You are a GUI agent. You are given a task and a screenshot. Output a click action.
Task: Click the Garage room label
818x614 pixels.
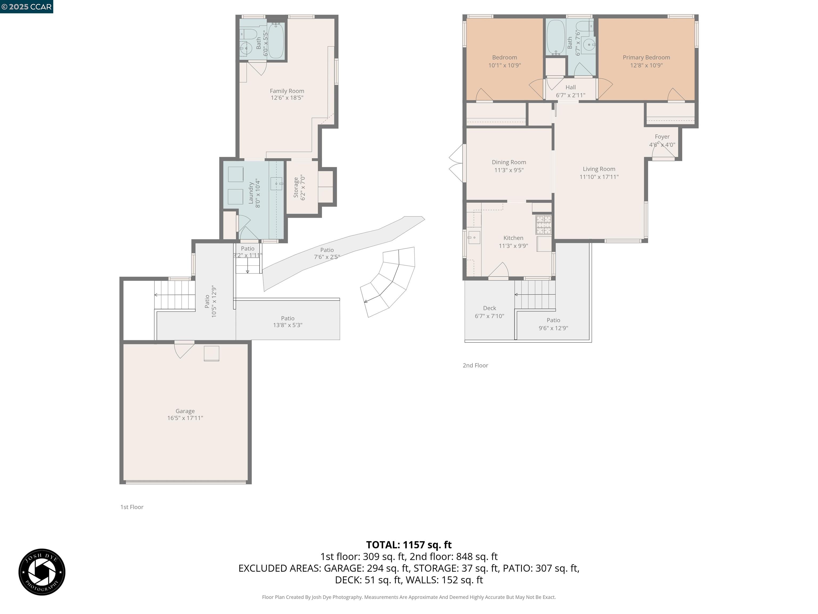click(185, 411)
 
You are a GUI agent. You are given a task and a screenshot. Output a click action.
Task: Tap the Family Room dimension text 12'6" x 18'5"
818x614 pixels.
click(287, 98)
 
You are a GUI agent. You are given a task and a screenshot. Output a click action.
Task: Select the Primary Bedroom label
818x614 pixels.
click(646, 57)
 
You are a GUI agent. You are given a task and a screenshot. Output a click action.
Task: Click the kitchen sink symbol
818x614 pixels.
click(473, 238)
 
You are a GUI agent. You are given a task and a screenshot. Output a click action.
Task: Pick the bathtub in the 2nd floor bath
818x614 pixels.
click(555, 37)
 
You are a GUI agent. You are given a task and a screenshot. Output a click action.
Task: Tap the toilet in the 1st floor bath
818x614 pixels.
click(248, 34)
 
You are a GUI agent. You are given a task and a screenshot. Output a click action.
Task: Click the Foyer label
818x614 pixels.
click(662, 136)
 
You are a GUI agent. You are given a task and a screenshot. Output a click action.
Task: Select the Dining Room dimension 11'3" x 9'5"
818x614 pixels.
click(509, 170)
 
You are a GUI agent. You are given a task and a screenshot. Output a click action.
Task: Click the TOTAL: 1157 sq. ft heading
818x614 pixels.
click(409, 545)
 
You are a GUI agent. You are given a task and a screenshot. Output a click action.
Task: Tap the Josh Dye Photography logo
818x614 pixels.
click(42, 572)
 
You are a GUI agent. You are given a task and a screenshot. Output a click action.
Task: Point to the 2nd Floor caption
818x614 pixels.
click(475, 365)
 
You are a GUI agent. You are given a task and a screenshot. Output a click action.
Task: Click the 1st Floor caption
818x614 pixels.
click(132, 507)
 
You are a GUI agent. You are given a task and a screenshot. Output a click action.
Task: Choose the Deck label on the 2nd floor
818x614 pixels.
click(489, 308)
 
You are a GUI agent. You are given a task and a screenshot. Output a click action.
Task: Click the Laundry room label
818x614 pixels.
click(251, 192)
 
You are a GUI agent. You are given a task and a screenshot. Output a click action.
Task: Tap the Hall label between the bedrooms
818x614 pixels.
click(570, 87)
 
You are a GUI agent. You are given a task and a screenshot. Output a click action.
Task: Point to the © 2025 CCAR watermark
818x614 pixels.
click(26, 7)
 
